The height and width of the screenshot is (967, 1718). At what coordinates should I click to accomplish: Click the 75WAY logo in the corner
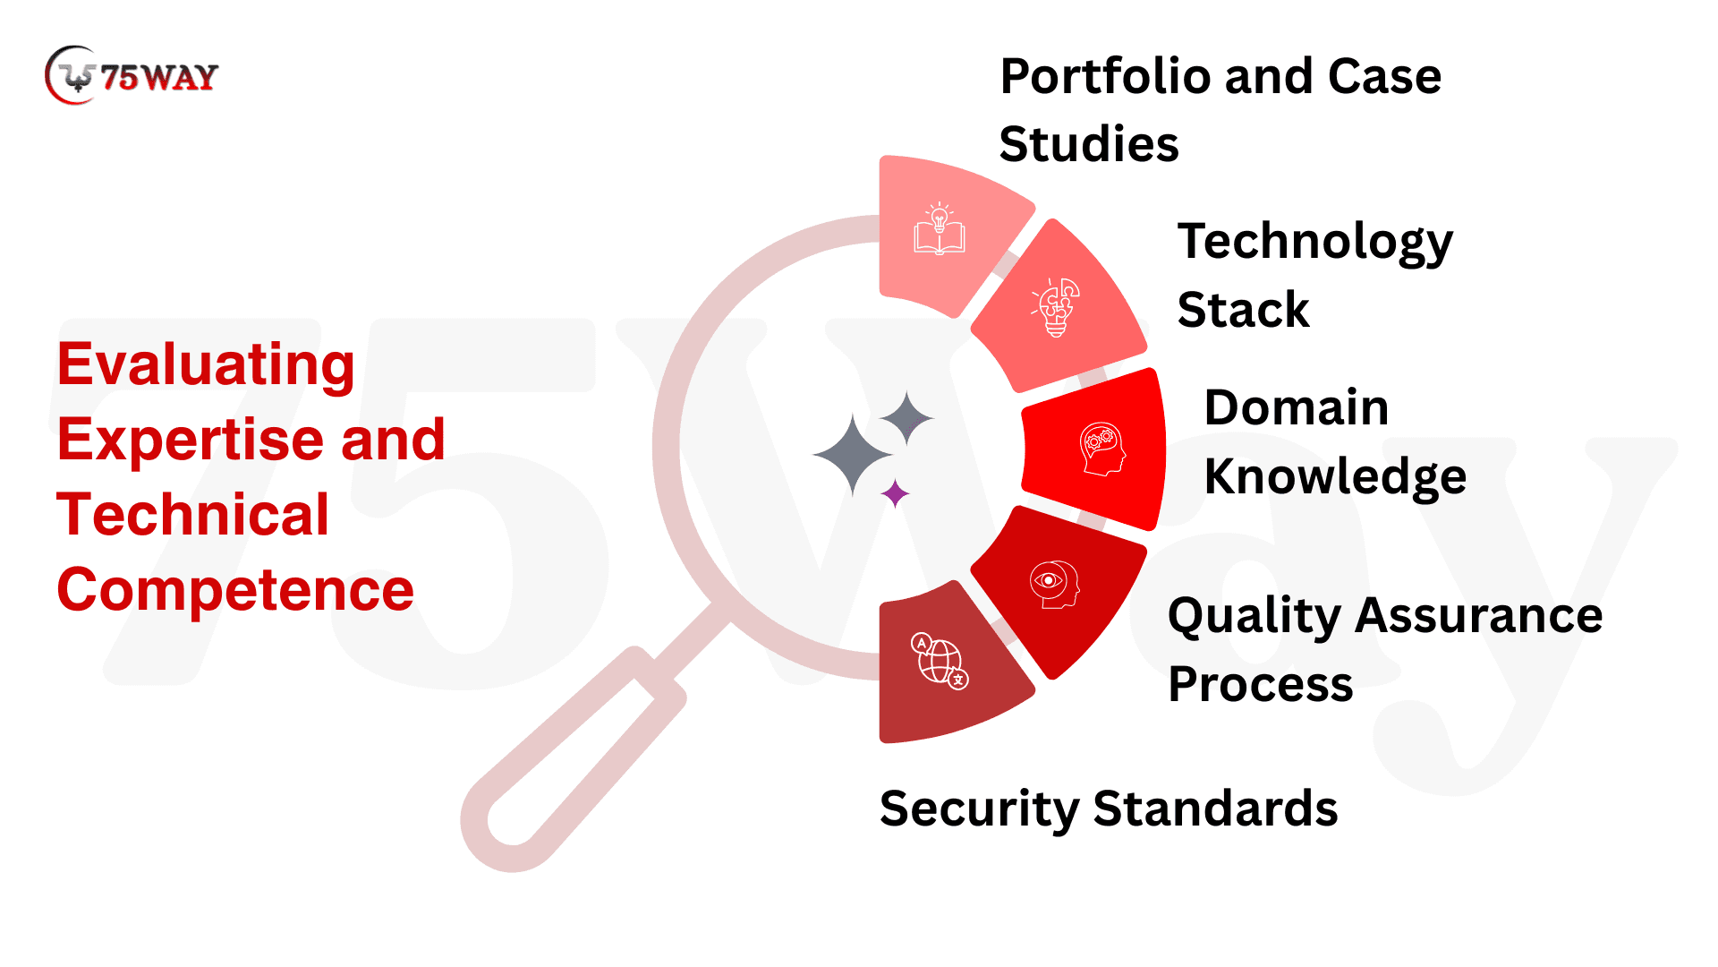132,76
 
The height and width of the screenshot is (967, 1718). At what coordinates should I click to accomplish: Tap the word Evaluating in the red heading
206,365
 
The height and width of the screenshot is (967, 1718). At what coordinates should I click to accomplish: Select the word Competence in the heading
235,590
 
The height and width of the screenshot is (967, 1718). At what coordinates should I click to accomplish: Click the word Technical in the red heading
193,515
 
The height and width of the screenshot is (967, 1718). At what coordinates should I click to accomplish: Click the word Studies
1089,144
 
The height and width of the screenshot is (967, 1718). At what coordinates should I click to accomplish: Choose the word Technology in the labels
1314,242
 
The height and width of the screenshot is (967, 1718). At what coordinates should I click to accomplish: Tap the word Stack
1243,310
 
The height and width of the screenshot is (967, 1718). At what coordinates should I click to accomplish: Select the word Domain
1296,408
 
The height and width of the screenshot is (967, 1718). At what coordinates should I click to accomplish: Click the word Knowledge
1335,476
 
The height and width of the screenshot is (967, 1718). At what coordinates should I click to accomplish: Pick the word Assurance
1478,616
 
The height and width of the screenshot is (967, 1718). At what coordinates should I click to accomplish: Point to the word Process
1260,684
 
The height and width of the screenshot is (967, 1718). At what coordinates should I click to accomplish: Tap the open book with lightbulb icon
939,229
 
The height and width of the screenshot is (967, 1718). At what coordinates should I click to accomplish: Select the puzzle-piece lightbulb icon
1057,307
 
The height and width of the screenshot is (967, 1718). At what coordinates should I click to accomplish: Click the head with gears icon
1102,449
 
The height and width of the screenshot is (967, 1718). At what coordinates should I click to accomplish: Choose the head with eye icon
1054,584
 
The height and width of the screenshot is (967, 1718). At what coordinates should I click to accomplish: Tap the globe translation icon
940,661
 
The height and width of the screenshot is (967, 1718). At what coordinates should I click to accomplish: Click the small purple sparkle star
895,493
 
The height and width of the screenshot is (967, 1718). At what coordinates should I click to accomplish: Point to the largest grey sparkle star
852,455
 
